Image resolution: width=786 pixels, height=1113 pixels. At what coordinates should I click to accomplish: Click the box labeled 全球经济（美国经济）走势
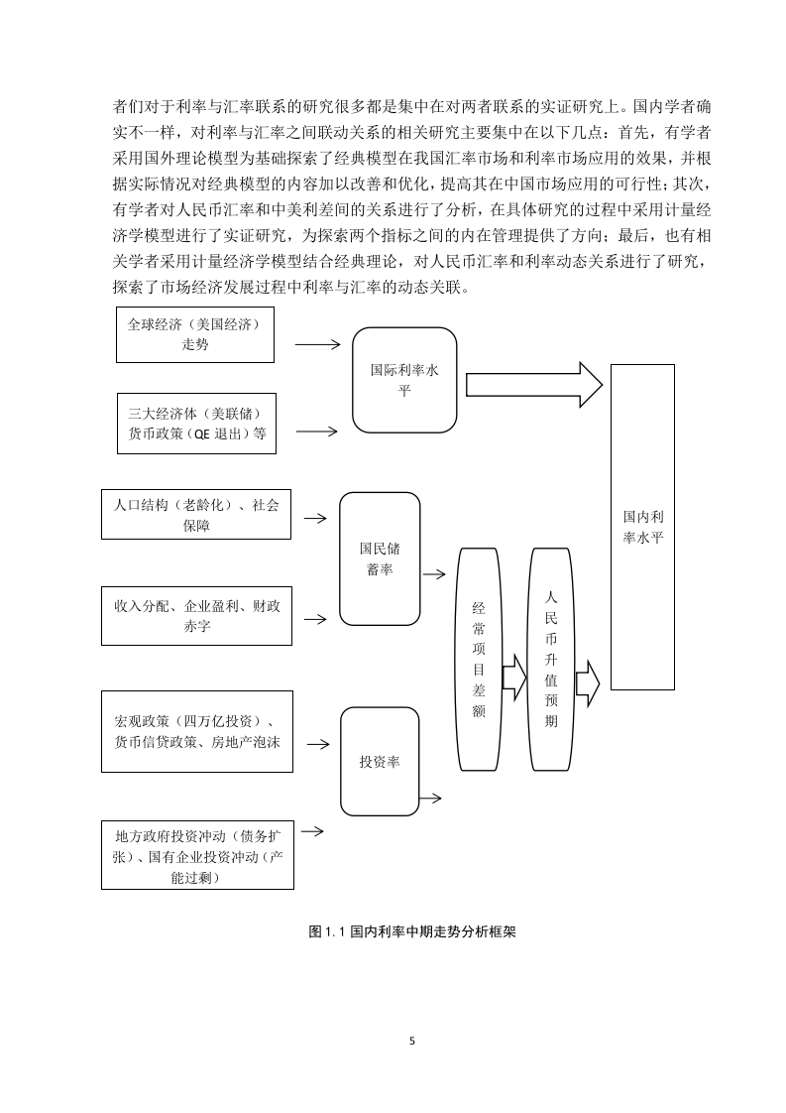tap(195, 335)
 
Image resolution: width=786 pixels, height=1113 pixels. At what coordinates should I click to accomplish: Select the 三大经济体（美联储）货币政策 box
tap(196, 424)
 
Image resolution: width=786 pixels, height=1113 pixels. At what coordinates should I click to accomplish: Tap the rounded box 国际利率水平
tap(404, 380)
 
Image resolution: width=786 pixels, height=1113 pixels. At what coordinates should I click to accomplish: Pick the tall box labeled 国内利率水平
tap(642, 527)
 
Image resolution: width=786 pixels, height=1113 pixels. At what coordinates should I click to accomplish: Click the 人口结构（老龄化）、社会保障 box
tap(196, 515)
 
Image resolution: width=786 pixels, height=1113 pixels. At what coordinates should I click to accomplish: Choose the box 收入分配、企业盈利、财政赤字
tap(196, 615)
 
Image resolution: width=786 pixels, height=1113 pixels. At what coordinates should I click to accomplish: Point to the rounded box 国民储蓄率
tap(380, 558)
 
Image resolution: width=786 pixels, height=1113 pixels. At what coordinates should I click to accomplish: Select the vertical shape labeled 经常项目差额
tap(478, 660)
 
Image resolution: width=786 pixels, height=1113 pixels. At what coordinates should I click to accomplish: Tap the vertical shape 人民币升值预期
tap(551, 660)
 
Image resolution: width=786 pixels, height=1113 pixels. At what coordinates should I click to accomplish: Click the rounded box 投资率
tap(380, 762)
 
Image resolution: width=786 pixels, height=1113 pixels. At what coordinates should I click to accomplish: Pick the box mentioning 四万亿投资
tap(197, 732)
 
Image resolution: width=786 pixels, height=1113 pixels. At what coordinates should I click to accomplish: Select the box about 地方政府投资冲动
tap(197, 855)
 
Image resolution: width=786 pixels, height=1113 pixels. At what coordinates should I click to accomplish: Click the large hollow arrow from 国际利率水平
tap(534, 385)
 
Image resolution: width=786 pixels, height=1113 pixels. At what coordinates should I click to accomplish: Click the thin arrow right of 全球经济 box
tap(318, 345)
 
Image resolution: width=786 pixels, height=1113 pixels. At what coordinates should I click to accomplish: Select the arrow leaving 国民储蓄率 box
tap(434, 573)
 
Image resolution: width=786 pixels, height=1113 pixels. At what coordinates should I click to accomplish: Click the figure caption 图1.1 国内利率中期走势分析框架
tap(412, 931)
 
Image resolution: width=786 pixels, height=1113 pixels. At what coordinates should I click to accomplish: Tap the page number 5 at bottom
tap(412, 1042)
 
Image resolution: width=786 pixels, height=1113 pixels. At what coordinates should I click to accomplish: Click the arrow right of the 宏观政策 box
tap(318, 744)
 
